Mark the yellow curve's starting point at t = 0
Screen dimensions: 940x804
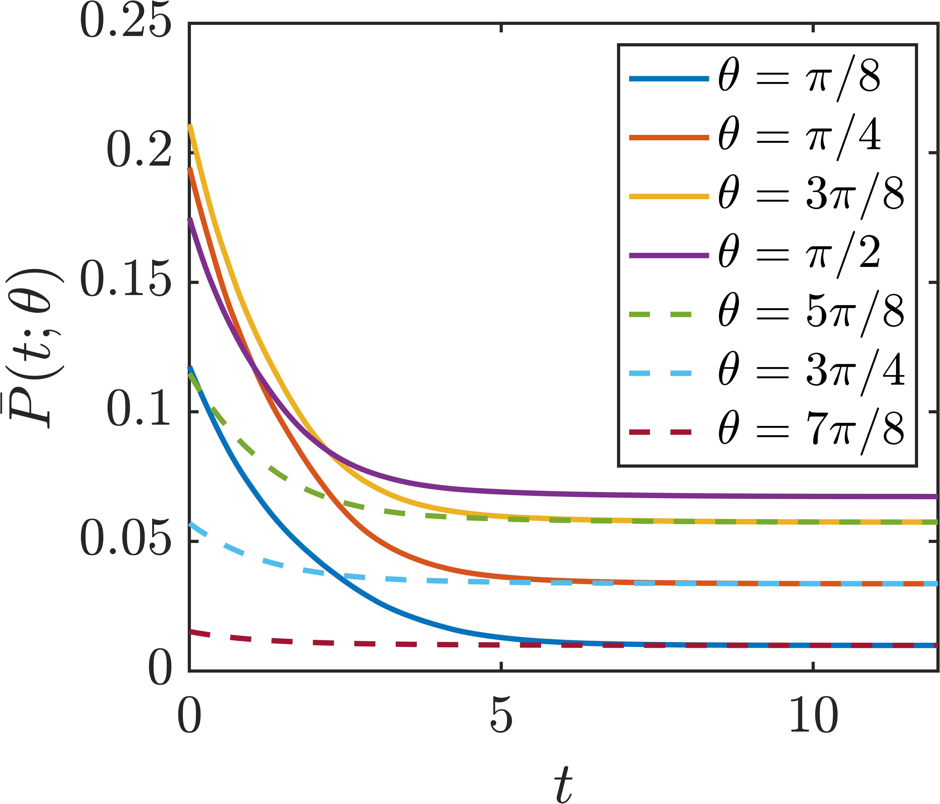190,125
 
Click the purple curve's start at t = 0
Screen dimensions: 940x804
190,220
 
